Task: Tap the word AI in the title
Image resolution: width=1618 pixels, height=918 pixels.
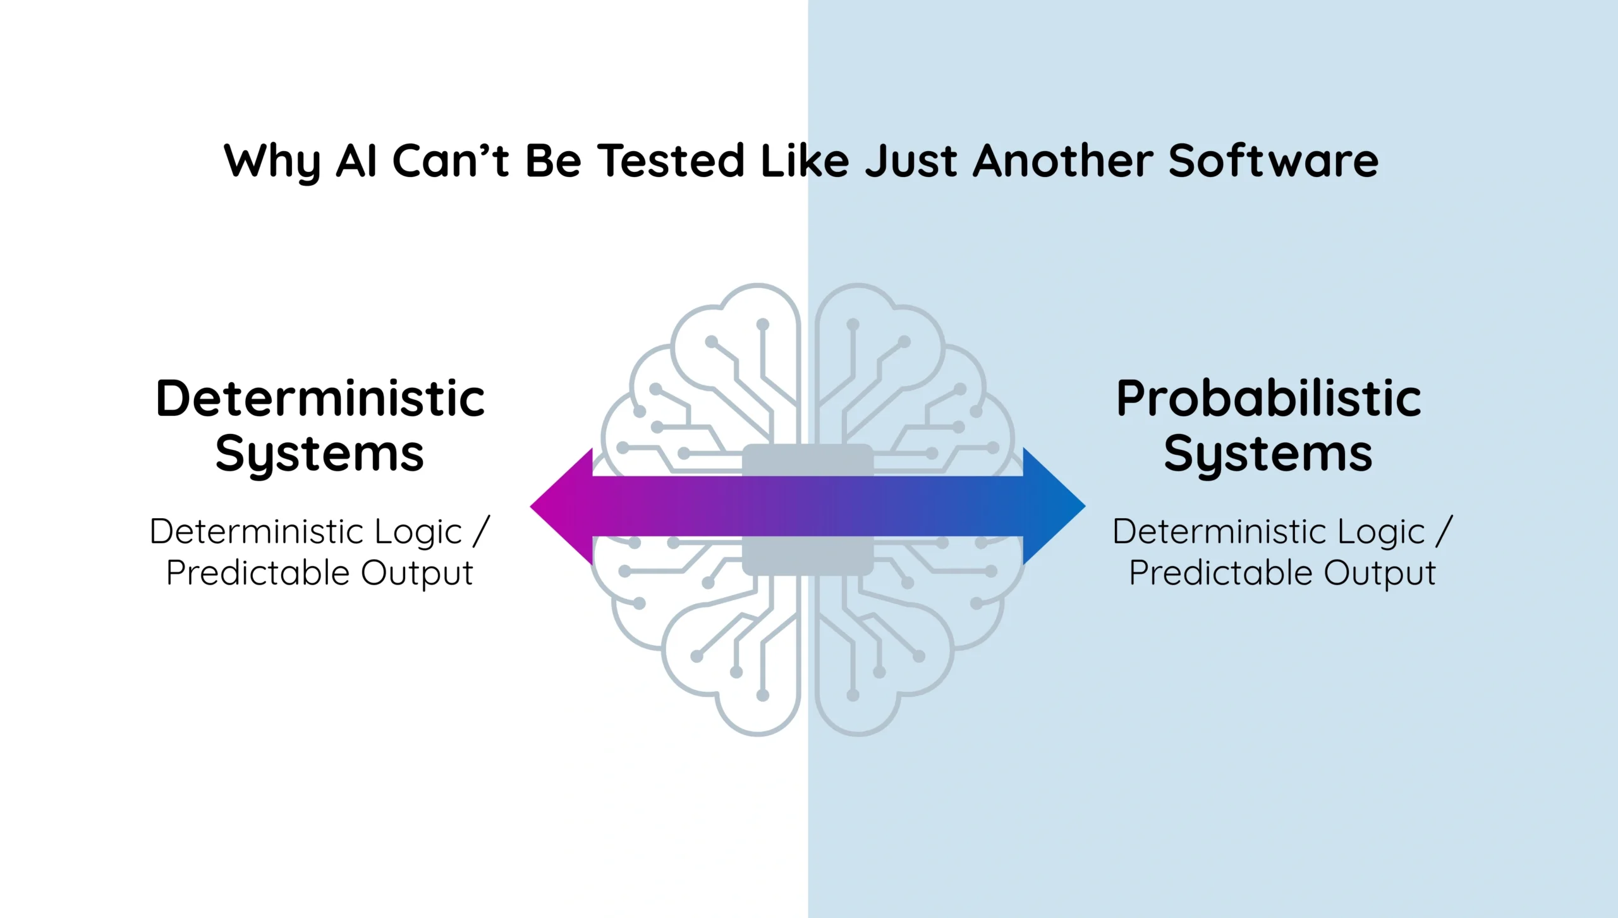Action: [x=357, y=160]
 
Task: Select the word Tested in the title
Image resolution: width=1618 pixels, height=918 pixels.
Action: [x=671, y=160]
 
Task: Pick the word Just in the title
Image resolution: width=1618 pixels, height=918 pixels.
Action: [x=912, y=160]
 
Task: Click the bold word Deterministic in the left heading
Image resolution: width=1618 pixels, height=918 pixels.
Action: [x=320, y=399]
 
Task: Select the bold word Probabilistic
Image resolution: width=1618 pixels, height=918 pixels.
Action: [x=1268, y=399]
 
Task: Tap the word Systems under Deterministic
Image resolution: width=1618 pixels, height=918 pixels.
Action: [x=320, y=454]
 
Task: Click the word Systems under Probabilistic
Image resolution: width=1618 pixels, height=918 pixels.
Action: [x=1268, y=454]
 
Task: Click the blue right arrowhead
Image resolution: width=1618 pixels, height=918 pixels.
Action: [x=1054, y=506]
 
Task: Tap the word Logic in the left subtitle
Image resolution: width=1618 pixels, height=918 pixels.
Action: [x=418, y=532]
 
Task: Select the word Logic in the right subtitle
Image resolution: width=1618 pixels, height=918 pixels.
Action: [x=1381, y=532]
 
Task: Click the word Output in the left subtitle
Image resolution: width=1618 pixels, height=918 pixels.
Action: [x=417, y=574]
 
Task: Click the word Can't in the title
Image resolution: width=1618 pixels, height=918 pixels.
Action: [x=451, y=160]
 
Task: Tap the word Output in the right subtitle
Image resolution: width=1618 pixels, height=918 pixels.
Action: [x=1380, y=574]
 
